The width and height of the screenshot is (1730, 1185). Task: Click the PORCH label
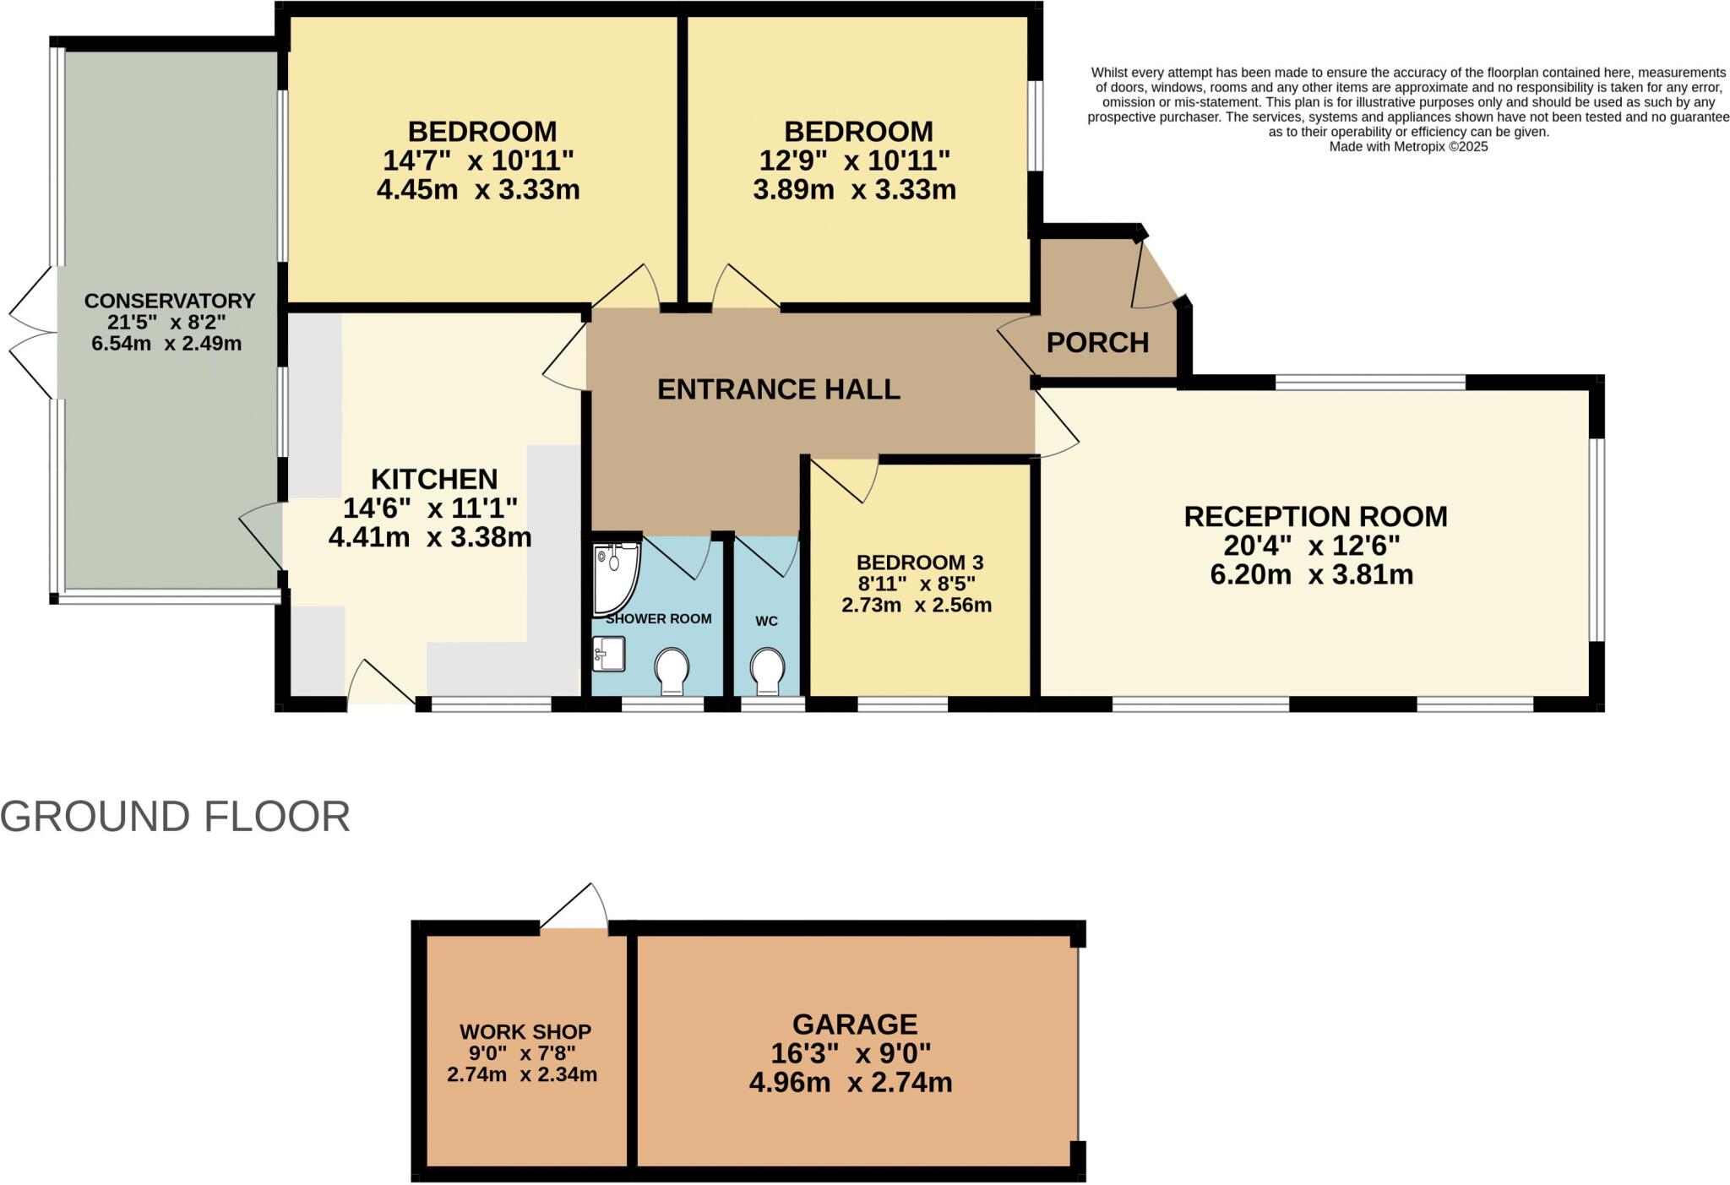click(1097, 342)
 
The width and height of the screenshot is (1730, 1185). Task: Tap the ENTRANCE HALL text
click(778, 389)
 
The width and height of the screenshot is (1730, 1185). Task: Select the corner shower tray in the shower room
click(614, 578)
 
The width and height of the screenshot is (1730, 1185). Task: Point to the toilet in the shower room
click(672, 670)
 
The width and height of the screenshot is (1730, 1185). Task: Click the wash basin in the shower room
click(608, 653)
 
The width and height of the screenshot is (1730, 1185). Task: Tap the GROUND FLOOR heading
click(175, 817)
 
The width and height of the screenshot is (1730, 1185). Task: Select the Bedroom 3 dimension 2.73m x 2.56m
click(917, 605)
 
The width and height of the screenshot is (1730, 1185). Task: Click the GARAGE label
click(854, 1024)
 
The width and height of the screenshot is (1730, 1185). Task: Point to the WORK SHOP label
click(525, 1031)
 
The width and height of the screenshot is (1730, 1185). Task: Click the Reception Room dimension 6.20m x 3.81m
click(1311, 574)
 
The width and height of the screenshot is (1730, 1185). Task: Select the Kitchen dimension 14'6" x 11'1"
click(430, 508)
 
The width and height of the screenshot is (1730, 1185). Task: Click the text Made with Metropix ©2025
click(1408, 147)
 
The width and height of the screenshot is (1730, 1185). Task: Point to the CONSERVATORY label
click(169, 301)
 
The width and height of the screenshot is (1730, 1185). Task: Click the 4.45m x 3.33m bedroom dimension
click(478, 189)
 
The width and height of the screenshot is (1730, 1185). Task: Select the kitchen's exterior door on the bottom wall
click(380, 684)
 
